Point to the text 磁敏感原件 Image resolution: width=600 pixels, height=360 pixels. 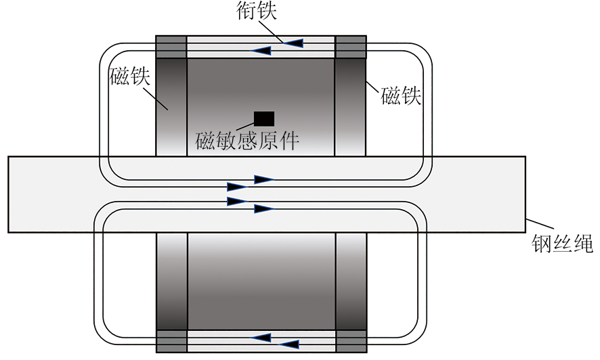(x=247, y=141)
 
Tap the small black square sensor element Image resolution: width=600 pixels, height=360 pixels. (x=263, y=118)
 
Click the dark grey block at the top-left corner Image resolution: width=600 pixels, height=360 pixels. (x=171, y=47)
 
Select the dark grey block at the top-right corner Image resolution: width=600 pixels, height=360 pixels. (x=351, y=47)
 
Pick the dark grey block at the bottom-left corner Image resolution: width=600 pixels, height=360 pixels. (x=171, y=340)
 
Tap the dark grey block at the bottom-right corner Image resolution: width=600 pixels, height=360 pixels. (x=351, y=340)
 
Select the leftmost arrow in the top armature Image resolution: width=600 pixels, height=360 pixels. (x=262, y=51)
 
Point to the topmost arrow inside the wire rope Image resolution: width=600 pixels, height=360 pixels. (x=263, y=179)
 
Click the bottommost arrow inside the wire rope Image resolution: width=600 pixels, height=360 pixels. (x=263, y=209)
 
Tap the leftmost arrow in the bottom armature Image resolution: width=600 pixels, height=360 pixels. (x=262, y=336)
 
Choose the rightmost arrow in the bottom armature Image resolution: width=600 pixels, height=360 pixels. (x=289, y=344)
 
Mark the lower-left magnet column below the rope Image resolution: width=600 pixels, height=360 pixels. (x=171, y=281)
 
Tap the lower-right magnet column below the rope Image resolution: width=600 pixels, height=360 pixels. (x=351, y=281)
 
